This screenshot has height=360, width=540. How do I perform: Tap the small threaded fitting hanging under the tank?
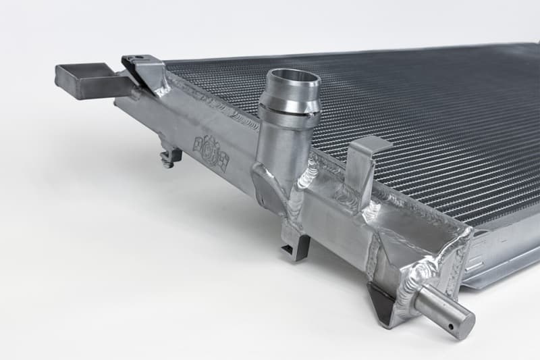click(170, 157)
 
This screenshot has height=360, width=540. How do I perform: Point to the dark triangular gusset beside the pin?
click(381, 301)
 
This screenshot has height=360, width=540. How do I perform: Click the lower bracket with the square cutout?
click(294, 245)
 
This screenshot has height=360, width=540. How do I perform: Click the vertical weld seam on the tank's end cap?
click(373, 260)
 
